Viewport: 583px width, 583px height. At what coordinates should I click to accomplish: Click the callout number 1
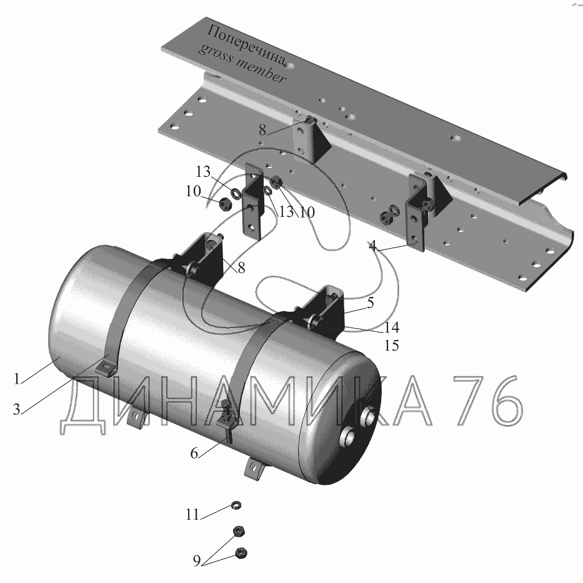pos(17,379)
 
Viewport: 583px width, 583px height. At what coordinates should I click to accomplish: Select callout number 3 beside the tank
pos(16,409)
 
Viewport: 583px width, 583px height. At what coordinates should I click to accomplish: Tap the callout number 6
pos(194,454)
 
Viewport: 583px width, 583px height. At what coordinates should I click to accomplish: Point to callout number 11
pos(192,515)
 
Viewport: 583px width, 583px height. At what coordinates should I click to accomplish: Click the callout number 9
pos(197,561)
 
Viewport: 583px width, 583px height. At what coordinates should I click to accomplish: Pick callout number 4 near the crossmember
pos(372,246)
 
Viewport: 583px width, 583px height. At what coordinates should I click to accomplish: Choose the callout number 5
pos(370,303)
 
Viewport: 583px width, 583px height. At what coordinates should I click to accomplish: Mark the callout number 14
pos(391,327)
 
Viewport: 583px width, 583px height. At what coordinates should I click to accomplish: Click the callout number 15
pos(391,346)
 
